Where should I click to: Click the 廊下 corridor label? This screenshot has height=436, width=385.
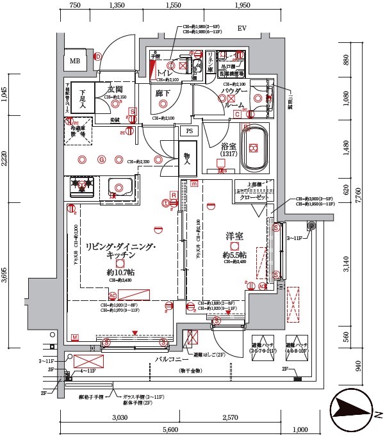click(x=162, y=93)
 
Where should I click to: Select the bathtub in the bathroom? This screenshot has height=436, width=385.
click(x=254, y=148)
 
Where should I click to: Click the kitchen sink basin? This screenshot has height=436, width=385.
click(x=120, y=186)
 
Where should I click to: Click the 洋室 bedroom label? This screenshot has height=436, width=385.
click(x=234, y=237)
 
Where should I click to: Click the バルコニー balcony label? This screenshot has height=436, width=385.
click(x=169, y=360)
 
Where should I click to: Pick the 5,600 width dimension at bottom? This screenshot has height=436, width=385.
click(x=170, y=430)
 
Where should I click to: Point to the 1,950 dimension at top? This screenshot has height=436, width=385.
click(x=242, y=6)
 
